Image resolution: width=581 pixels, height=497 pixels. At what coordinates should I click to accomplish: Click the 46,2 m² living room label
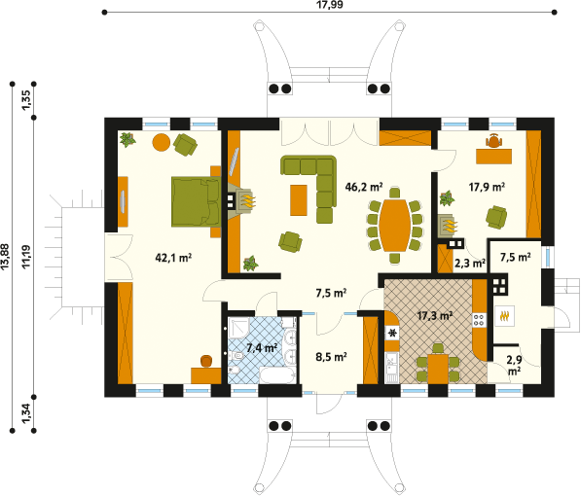tap(364, 187)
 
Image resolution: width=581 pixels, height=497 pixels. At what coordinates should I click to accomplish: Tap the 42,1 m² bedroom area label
tap(173, 258)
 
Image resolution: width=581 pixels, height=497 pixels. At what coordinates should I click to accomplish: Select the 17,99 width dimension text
tap(329, 5)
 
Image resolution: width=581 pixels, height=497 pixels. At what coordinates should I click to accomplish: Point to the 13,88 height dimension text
tap(5, 256)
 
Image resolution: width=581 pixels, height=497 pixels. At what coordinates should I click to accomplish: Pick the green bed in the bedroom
tap(196, 201)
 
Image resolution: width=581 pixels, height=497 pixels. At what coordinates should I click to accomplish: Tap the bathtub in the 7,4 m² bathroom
tap(278, 374)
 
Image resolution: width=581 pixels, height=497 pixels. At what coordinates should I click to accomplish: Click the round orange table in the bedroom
tap(162, 142)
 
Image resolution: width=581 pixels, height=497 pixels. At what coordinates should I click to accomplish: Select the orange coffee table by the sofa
tap(299, 200)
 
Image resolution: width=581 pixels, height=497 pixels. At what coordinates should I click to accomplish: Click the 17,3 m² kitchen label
tap(435, 316)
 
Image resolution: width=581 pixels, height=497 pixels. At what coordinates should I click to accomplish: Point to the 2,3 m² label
tap(470, 264)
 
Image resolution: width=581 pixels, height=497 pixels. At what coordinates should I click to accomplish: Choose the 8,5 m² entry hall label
tap(331, 357)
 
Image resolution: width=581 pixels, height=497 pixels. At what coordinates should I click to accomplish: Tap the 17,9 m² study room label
tap(487, 187)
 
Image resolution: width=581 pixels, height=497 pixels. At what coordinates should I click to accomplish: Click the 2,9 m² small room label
tap(514, 365)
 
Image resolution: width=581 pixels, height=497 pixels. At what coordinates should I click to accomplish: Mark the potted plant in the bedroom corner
tap(127, 140)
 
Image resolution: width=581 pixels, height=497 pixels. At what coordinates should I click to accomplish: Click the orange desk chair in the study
tap(494, 140)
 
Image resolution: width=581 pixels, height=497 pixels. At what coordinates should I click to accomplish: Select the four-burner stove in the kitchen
tap(479, 320)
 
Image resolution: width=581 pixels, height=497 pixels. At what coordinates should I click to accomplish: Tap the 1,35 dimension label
tap(26, 100)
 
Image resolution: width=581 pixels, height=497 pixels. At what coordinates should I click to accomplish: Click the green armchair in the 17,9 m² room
tap(496, 217)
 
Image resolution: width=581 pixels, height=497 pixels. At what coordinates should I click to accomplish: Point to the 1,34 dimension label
tap(26, 413)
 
